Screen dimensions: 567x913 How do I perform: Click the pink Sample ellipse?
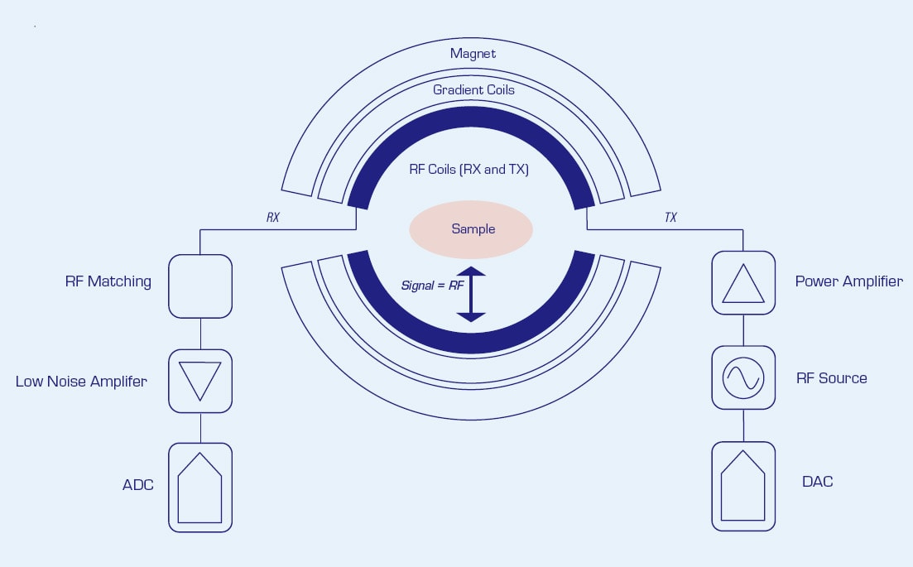click(470, 228)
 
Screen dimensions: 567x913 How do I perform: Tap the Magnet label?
click(473, 54)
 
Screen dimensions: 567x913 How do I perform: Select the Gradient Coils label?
click(473, 89)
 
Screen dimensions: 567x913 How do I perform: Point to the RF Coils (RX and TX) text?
click(469, 169)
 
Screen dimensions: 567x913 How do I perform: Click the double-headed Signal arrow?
click(471, 294)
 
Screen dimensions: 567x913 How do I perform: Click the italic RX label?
click(273, 218)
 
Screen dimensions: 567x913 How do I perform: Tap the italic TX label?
click(670, 218)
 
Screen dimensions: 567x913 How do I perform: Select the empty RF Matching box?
click(200, 286)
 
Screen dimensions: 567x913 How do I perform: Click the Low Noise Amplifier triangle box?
click(200, 381)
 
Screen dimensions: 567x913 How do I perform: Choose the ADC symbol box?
click(200, 487)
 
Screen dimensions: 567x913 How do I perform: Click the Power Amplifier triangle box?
click(743, 282)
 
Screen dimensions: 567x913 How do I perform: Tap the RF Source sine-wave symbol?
click(743, 377)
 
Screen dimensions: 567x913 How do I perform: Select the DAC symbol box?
click(743, 486)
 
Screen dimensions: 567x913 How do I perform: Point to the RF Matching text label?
click(108, 281)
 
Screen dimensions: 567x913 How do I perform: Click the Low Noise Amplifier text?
click(81, 382)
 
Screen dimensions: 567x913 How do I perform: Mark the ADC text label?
click(138, 485)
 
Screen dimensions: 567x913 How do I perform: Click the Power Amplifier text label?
click(848, 281)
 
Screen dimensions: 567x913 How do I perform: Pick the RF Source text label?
click(831, 378)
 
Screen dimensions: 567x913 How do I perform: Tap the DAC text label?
click(817, 481)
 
